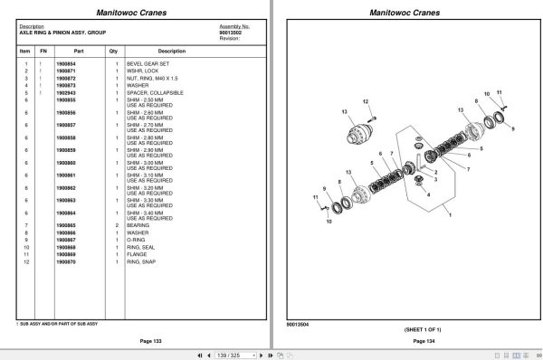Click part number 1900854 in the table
(66, 63)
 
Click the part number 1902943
(66, 92)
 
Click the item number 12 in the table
(27, 261)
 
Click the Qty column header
(114, 52)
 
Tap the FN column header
(43, 52)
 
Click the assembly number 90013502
(232, 33)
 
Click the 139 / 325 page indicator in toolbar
(233, 355)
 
